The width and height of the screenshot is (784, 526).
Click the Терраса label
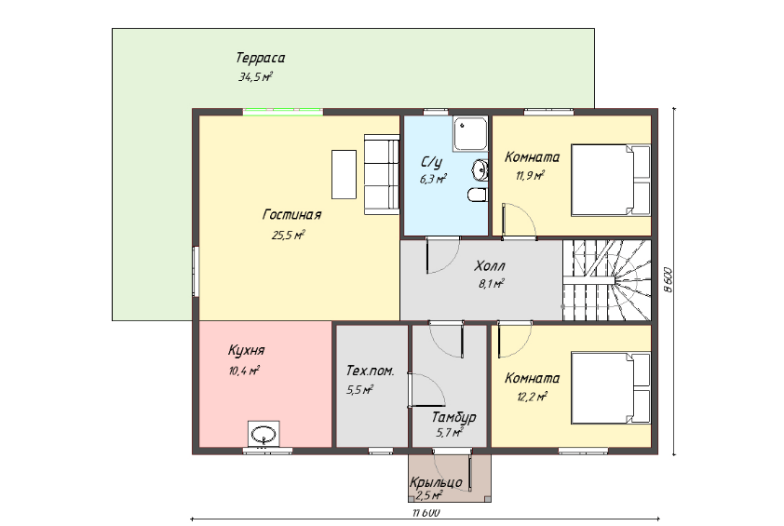[x=260, y=58]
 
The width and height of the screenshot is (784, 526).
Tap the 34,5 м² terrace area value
[x=255, y=77]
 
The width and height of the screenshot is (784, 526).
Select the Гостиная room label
[x=292, y=215]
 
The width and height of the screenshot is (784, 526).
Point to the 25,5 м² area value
[x=288, y=235]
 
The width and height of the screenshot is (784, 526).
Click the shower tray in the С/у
[x=470, y=134]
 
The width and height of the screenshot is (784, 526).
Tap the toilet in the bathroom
[x=478, y=195]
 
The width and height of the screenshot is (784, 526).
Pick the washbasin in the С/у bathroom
[x=480, y=170]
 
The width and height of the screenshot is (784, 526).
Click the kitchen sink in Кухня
[x=264, y=434]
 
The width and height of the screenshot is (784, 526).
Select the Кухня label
[x=246, y=350]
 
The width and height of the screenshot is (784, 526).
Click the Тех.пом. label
[x=370, y=371]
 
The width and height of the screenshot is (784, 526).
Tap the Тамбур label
[x=453, y=417]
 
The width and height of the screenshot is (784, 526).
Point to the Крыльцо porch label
[x=436, y=482]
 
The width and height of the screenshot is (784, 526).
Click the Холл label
[x=490, y=265]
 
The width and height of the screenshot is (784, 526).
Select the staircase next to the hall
[x=607, y=280]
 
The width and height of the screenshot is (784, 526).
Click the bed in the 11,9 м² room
[x=611, y=180]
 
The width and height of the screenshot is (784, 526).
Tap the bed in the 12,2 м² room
[x=611, y=388]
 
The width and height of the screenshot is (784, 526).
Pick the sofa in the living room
[x=382, y=174]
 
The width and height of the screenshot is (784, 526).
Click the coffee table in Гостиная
[x=344, y=174]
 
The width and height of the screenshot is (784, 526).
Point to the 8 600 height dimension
[x=669, y=281]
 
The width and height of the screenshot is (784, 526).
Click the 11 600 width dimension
[x=426, y=513]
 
